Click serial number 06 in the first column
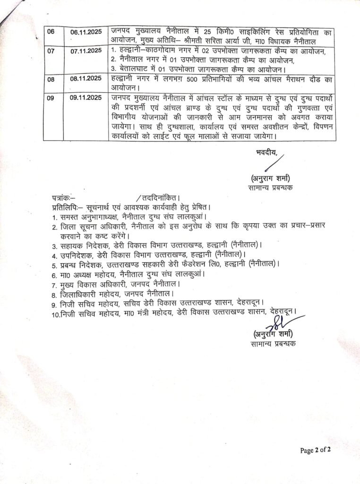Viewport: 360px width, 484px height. pyautogui.click(x=51, y=31)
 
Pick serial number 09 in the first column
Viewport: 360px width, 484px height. pyautogui.click(x=51, y=98)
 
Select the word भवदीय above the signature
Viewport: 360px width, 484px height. pyautogui.click(x=266, y=151)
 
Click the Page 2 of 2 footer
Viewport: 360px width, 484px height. pyautogui.click(x=316, y=450)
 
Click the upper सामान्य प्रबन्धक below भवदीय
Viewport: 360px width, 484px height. pyautogui.click(x=272, y=188)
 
